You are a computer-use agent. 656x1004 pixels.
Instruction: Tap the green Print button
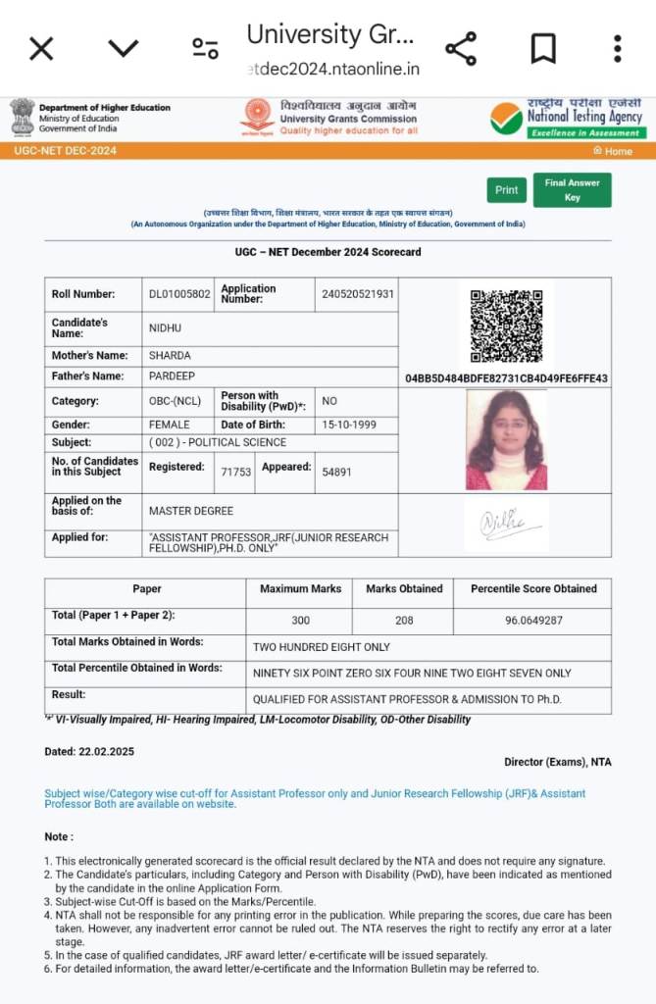[x=506, y=190]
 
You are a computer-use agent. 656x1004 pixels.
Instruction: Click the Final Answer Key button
[x=572, y=189]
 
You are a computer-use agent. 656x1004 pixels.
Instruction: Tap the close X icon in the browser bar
[x=41, y=48]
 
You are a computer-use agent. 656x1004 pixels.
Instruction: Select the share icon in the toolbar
[x=461, y=48]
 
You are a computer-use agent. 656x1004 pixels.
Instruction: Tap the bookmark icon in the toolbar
[x=542, y=48]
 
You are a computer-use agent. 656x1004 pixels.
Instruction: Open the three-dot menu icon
[x=617, y=48]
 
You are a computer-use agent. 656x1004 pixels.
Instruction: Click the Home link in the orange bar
[x=614, y=151]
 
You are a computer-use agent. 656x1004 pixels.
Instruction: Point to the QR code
[x=505, y=326]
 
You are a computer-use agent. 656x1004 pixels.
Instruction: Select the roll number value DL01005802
[x=179, y=294]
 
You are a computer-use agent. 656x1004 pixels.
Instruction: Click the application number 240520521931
[x=358, y=294]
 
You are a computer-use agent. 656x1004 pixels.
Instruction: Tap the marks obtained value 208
[x=404, y=620]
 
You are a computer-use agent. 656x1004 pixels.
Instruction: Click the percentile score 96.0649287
[x=533, y=620]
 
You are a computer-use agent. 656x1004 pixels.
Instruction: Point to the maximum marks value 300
[x=300, y=620]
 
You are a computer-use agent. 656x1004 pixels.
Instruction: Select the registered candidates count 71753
[x=236, y=472]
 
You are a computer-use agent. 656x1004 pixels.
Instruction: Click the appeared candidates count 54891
[x=336, y=472]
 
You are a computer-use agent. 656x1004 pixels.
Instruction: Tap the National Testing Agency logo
[x=566, y=119]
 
